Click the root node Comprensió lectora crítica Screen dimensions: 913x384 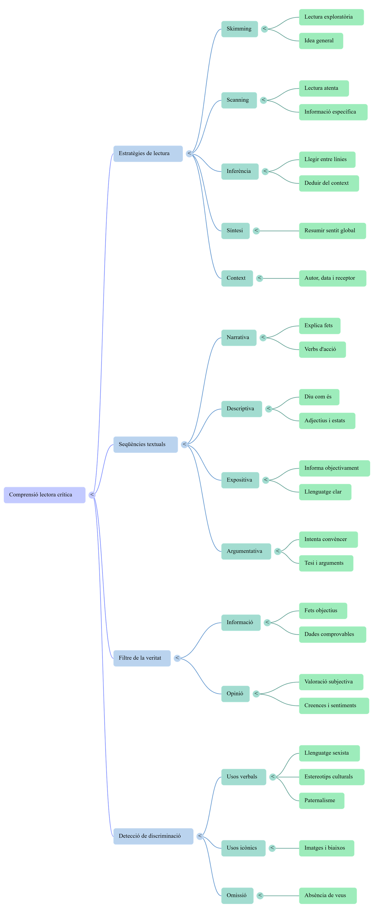(x=44, y=495)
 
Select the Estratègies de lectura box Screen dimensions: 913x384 (x=148, y=153)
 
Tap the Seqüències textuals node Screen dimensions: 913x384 (x=145, y=444)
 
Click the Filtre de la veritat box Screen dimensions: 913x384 (x=142, y=658)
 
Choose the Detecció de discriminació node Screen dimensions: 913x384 (x=153, y=836)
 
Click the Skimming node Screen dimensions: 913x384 (x=239, y=29)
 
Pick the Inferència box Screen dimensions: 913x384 (x=240, y=171)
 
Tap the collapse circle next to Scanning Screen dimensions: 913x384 (x=263, y=100)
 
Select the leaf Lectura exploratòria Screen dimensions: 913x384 (x=331, y=17)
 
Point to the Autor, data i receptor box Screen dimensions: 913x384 (x=332, y=278)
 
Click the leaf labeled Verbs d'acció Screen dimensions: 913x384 (x=322, y=349)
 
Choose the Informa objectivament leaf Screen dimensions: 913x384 (x=334, y=468)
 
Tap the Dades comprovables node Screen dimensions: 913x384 (x=332, y=634)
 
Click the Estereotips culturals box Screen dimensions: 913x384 (x=331, y=777)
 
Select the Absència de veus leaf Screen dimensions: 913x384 (x=328, y=896)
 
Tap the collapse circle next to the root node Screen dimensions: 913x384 (x=92, y=495)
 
